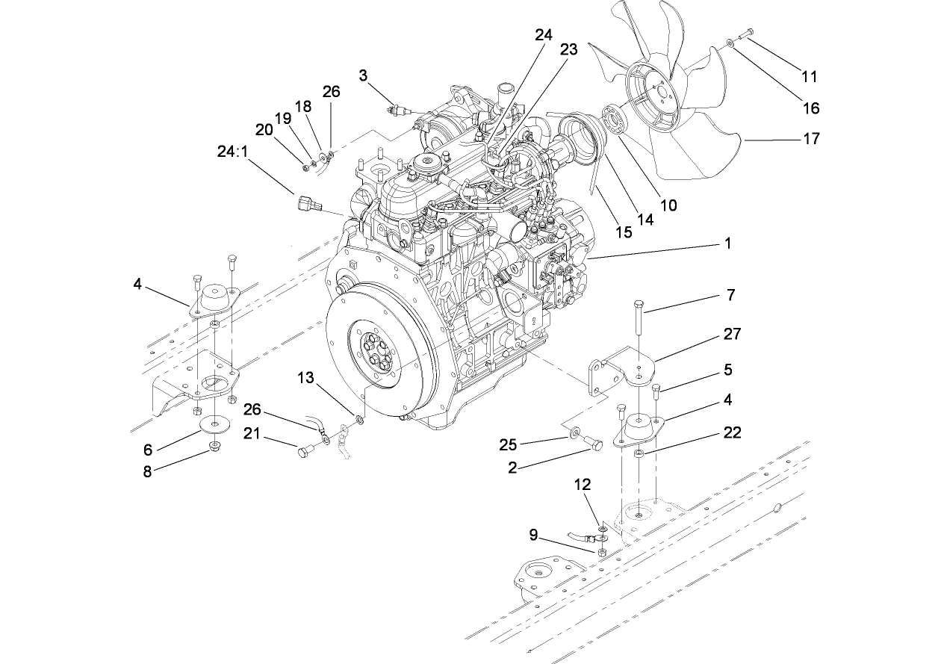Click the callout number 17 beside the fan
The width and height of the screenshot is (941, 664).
pos(810,138)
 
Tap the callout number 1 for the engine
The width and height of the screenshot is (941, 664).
pos(727,243)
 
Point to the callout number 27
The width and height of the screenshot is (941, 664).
pos(733,334)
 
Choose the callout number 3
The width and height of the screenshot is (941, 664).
pos(363,75)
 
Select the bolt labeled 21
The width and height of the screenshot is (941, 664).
pos(307,450)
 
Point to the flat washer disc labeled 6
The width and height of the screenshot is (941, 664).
pos(214,423)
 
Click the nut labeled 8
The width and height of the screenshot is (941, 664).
pos(215,447)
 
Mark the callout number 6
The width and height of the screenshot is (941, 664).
pos(148,449)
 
